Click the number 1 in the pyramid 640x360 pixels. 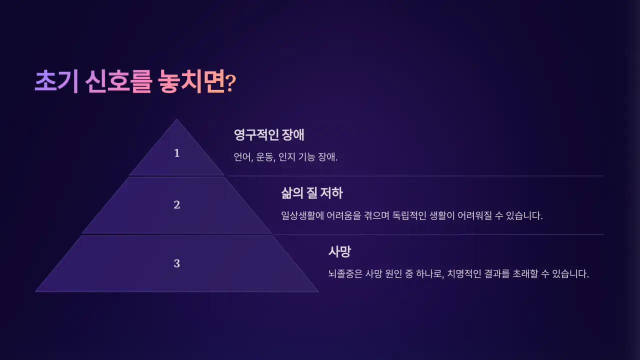click(176, 153)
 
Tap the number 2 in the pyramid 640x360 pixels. click(176, 205)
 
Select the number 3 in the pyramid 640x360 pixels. click(176, 263)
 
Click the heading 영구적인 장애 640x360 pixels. click(269, 135)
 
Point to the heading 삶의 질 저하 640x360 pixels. click(312, 193)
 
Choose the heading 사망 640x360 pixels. click(339, 251)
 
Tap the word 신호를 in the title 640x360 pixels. click(118, 81)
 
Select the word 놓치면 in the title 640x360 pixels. click(189, 81)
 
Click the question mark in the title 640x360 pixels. click(230, 83)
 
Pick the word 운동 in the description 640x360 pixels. click(265, 157)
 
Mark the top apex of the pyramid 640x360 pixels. click(176, 120)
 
